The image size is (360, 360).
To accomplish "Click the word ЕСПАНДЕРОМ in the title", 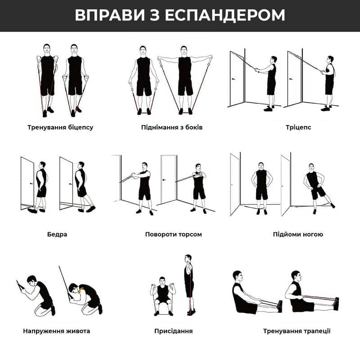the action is [x=225, y=15].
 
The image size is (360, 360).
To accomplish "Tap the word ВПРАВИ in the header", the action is [x=110, y=15].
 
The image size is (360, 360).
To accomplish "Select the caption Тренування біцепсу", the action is [x=60, y=127].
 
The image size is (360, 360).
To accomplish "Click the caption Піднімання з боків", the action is [x=172, y=127].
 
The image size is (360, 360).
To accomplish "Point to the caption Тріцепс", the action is [x=298, y=127].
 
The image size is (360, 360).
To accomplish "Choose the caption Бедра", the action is [x=57, y=234].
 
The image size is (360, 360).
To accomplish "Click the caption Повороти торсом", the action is [x=174, y=234].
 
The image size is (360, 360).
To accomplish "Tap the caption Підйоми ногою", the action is [x=298, y=234].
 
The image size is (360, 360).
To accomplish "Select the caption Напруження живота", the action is [x=57, y=331].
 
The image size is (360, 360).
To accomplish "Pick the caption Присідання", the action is [x=174, y=331].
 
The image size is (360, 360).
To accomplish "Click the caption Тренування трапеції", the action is [x=297, y=331].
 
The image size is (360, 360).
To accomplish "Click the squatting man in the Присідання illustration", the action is [x=163, y=296].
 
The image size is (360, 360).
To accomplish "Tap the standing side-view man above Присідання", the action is [x=189, y=285].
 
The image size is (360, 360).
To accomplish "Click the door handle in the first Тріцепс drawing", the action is [x=234, y=79].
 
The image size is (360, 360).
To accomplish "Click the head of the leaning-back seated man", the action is [x=238, y=277].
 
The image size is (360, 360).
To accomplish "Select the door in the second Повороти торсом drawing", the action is [x=168, y=179].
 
